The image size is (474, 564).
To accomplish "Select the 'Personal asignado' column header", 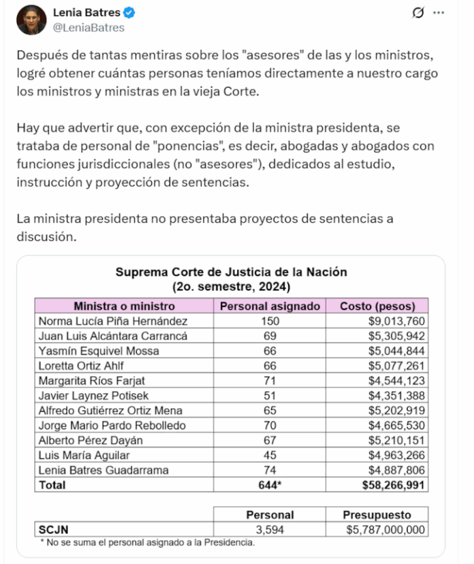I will (270, 306).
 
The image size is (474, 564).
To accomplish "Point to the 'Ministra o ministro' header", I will (124, 306).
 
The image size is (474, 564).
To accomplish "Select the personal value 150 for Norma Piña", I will (270, 321).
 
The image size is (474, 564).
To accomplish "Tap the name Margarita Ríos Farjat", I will (93, 380).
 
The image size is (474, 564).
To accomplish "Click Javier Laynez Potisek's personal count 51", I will (270, 395).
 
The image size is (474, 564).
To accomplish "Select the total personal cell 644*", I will (270, 485).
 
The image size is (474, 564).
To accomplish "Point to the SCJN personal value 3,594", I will (270, 529).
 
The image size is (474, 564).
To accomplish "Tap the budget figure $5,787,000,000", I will (385, 529).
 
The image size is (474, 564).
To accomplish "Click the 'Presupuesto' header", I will (377, 515).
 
